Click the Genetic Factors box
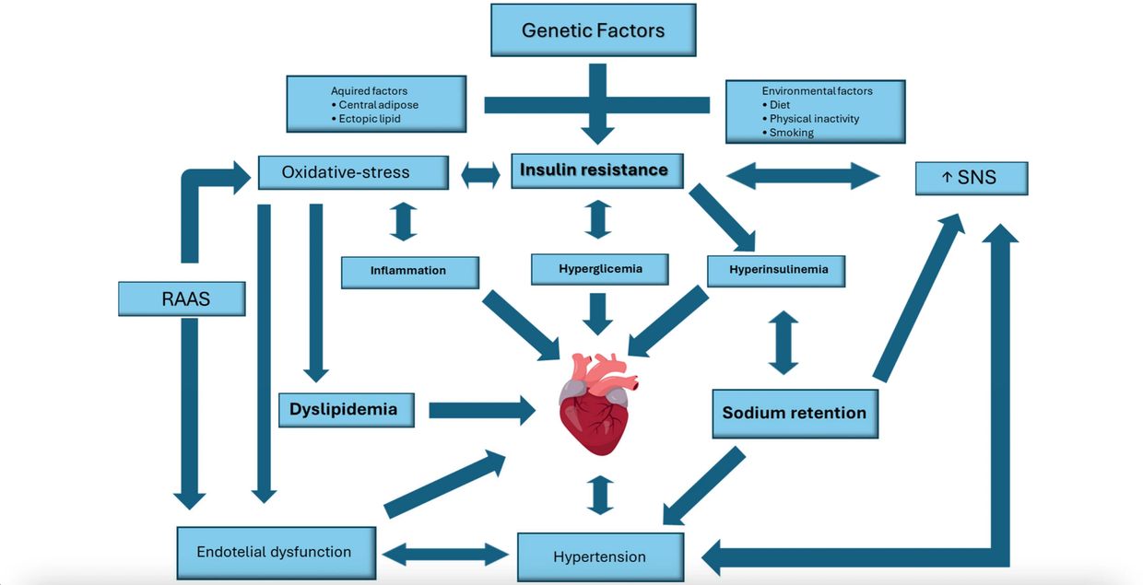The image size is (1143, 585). (593, 30)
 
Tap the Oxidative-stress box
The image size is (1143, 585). (352, 172)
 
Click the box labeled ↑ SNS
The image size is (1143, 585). (970, 177)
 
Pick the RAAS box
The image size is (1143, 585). (182, 298)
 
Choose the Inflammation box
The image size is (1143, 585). (409, 271)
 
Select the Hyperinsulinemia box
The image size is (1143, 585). (777, 270)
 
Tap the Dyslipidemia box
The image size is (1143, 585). (346, 409)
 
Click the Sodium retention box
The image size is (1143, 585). (794, 413)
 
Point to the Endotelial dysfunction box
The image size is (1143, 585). (275, 552)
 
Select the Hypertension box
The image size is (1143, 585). (599, 556)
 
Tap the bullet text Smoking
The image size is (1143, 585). (791, 133)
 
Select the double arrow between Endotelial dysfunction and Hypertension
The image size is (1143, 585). (445, 554)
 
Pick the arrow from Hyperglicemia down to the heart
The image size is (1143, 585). (598, 312)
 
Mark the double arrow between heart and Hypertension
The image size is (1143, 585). (600, 495)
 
